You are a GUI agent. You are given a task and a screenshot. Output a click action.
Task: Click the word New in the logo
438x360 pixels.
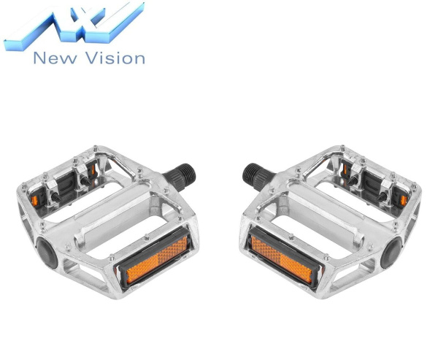click(x=55, y=58)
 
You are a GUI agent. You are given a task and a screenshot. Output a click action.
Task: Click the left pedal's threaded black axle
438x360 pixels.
click(x=180, y=176)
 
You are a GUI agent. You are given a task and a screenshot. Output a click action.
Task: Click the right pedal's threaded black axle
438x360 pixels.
click(x=258, y=176)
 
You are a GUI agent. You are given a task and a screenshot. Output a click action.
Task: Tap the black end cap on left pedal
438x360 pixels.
click(x=47, y=253)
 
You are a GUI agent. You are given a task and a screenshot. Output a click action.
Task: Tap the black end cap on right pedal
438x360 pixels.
click(x=391, y=253)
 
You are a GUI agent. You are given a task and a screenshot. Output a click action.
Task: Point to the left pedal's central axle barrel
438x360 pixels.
click(x=118, y=212)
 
